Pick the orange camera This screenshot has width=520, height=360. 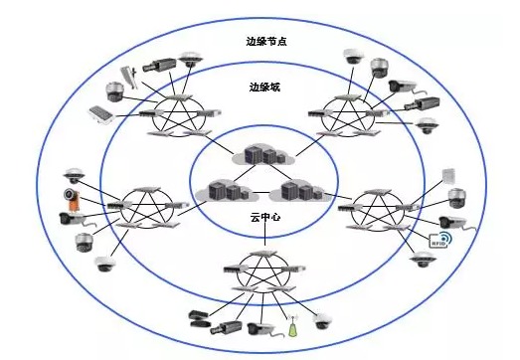71,195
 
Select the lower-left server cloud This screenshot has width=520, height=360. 221,189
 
